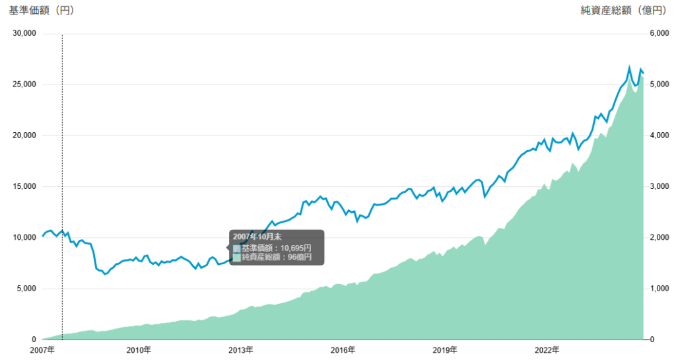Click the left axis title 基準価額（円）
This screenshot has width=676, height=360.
pyautogui.click(x=42, y=10)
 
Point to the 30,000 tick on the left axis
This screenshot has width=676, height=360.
pyautogui.click(x=24, y=34)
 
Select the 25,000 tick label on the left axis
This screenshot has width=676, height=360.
pyautogui.click(x=24, y=85)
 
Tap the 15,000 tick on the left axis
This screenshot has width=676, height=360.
pyautogui.click(x=24, y=186)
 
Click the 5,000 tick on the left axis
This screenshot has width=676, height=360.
pyautogui.click(x=26, y=289)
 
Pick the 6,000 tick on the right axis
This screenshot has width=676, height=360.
pyautogui.click(x=661, y=34)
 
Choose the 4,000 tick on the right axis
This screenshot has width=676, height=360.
pyautogui.click(x=661, y=135)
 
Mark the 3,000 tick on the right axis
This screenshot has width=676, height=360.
pyautogui.click(x=661, y=186)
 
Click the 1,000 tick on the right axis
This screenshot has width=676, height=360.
pyautogui.click(x=661, y=289)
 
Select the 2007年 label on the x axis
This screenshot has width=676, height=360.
pyautogui.click(x=42, y=349)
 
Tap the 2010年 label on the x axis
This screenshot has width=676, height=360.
pyautogui.click(x=139, y=349)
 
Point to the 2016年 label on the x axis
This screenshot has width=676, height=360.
pyautogui.click(x=343, y=349)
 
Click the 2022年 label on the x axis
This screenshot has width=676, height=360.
pyautogui.click(x=547, y=349)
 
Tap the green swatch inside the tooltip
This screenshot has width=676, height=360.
pyautogui.click(x=236, y=257)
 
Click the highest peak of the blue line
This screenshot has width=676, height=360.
pyautogui.click(x=629, y=67)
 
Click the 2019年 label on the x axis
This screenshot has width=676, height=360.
pyautogui.click(x=445, y=349)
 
